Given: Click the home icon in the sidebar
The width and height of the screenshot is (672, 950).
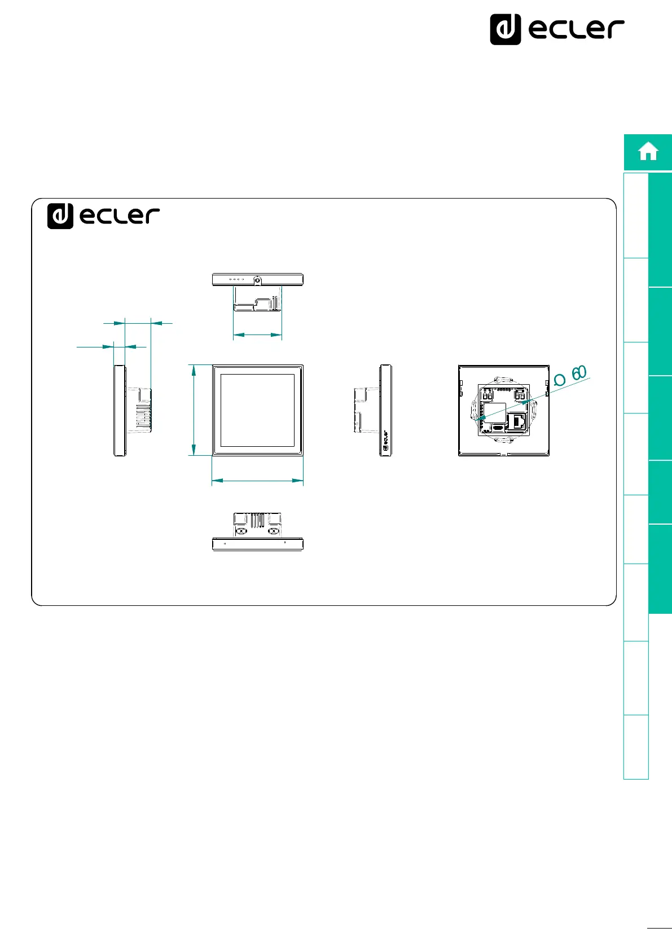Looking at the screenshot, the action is [648, 152].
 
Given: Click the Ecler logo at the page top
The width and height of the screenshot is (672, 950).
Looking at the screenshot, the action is [557, 29].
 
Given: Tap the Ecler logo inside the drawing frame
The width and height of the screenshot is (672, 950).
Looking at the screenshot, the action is [103, 215].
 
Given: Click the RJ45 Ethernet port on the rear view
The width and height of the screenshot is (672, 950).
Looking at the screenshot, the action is [518, 420].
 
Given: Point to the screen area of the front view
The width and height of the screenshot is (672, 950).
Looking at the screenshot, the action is [257, 410].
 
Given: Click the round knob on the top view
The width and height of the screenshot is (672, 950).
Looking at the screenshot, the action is [257, 280].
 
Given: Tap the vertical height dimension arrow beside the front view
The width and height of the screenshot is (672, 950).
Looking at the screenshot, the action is [194, 410].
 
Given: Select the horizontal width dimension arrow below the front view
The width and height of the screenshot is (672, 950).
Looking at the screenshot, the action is [257, 481].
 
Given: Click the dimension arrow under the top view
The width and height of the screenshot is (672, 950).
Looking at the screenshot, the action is [257, 335].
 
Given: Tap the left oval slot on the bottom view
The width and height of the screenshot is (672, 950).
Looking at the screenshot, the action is [241, 531].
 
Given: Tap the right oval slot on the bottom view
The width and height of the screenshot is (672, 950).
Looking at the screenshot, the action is [274, 531].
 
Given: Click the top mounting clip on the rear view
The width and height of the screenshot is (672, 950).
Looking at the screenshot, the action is [502, 380].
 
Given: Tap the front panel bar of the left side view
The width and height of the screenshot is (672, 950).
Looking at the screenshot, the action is [120, 410].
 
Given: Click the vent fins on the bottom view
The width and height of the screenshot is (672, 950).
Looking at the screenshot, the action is [258, 520].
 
